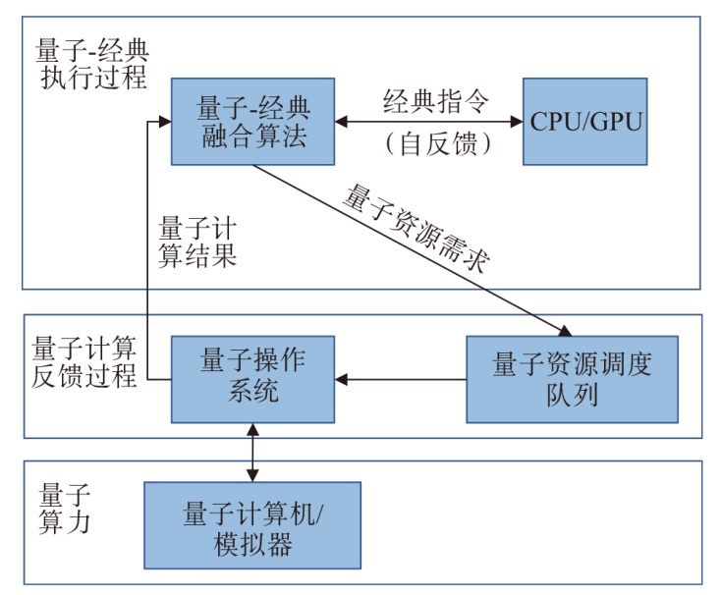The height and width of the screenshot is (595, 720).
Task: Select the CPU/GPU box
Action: [585, 121]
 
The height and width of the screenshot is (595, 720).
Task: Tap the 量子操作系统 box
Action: [251, 377]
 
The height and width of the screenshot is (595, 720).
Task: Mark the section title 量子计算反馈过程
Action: [84, 362]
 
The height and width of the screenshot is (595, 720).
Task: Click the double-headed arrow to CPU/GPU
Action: [428, 122]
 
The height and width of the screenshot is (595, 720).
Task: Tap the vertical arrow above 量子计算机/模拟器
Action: [253, 453]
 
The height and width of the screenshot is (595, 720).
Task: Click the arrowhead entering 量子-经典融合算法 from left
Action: [164, 122]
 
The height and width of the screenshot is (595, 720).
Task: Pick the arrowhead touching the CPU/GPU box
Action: [516, 122]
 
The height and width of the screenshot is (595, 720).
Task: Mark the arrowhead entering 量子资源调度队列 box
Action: [563, 330]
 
